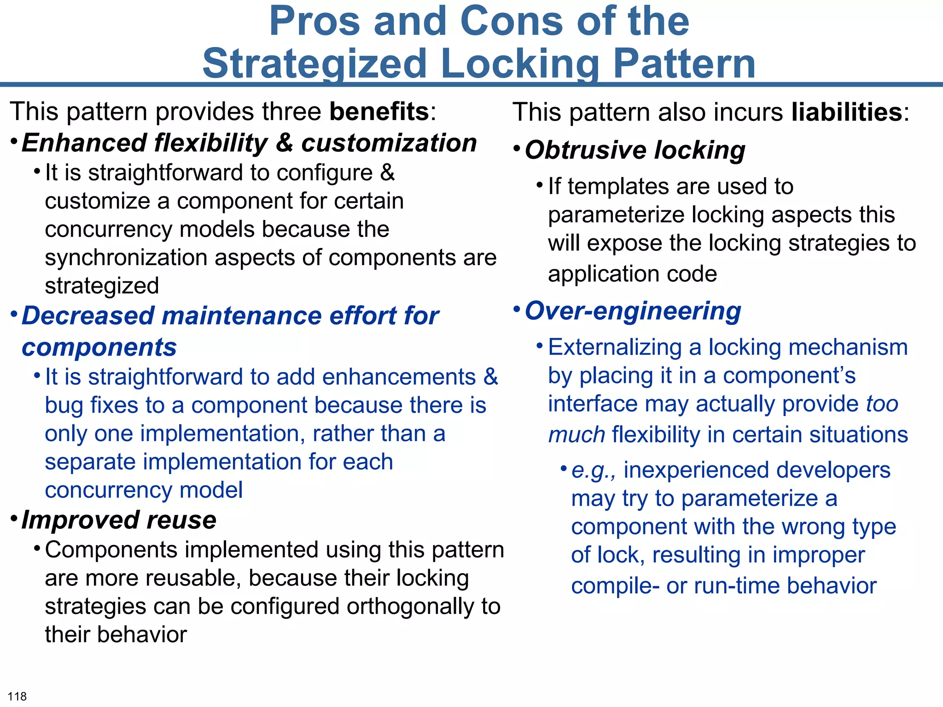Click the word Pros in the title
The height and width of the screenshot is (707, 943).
(x=314, y=22)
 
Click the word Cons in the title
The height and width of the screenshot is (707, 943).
(x=511, y=22)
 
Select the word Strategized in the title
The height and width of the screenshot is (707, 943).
(x=315, y=64)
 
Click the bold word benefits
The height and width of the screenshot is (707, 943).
(x=379, y=112)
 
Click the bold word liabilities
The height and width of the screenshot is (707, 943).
(x=847, y=112)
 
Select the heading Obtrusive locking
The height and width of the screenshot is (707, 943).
(x=634, y=151)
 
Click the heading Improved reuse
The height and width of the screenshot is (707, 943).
(x=119, y=521)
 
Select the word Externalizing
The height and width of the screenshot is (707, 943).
(x=614, y=348)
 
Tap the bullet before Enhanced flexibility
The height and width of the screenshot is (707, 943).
(x=14, y=140)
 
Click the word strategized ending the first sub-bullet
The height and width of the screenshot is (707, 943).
(x=102, y=286)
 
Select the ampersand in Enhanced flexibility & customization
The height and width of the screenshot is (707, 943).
(x=284, y=143)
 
